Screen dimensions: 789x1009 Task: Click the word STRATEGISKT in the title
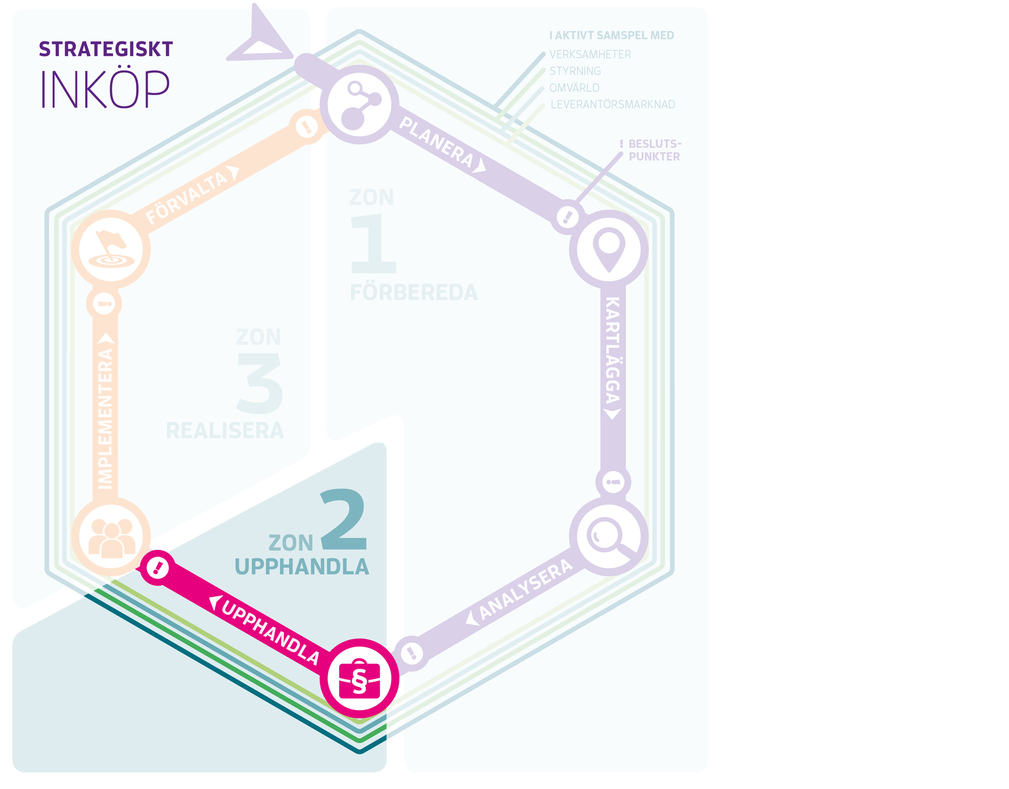(x=106, y=50)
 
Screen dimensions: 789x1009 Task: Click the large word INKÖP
(x=105, y=89)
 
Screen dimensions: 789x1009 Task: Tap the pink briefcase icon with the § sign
(x=360, y=679)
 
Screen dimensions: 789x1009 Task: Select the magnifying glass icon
(x=608, y=536)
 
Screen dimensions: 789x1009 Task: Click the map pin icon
(x=608, y=249)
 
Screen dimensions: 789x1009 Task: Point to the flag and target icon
(x=111, y=249)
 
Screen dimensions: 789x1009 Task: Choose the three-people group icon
(x=111, y=537)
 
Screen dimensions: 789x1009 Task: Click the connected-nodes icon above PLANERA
(x=360, y=104)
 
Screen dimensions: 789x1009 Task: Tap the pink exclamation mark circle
(x=158, y=567)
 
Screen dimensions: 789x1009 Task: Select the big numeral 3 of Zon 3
(x=260, y=384)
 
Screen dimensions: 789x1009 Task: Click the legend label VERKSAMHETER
(x=590, y=55)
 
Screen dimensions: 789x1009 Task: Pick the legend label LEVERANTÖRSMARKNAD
(x=612, y=104)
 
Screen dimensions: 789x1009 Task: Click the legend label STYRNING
(x=575, y=71)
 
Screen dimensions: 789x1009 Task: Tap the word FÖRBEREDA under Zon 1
(x=413, y=293)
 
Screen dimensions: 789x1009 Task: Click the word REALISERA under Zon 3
(x=224, y=431)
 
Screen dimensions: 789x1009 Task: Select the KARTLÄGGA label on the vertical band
(x=613, y=350)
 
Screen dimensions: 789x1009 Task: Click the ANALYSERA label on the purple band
(x=525, y=589)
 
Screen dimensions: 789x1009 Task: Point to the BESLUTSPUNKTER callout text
(x=654, y=150)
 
